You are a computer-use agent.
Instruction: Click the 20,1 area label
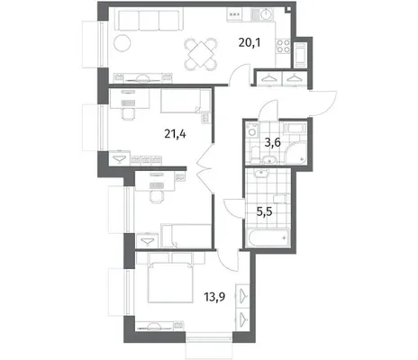(x=250, y=43)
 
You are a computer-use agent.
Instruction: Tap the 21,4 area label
(x=175, y=134)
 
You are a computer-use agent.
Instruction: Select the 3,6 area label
(x=272, y=142)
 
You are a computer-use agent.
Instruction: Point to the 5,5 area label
(x=264, y=211)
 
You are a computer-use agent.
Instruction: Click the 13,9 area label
(x=214, y=297)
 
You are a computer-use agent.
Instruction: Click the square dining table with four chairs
(x=201, y=54)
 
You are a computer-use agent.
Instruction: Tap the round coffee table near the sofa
(x=123, y=43)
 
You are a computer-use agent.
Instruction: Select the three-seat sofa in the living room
(x=150, y=20)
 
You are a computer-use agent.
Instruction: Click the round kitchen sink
(x=266, y=14)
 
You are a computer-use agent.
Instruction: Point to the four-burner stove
(x=283, y=46)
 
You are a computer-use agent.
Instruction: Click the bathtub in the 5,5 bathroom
(x=268, y=238)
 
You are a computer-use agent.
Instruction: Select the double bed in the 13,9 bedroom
(x=170, y=282)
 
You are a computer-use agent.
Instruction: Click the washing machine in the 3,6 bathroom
(x=251, y=130)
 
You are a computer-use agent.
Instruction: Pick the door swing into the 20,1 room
(x=240, y=75)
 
